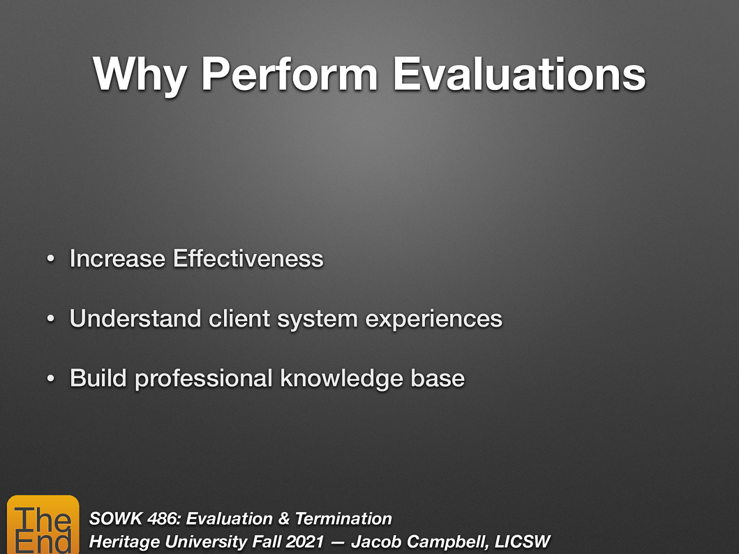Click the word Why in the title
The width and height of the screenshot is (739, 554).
pos(139,75)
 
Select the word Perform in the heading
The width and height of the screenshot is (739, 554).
pos(290,75)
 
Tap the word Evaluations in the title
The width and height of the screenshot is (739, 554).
pos(519,75)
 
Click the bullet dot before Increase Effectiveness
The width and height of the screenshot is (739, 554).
pos(51,259)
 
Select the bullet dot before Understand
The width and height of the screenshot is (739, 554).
pos(51,319)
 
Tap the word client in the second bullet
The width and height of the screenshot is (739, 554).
pos(239,319)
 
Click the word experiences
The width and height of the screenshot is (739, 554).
pos(433,319)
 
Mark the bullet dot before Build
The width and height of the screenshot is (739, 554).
pos(51,379)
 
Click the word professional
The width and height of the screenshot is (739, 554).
pos(203,379)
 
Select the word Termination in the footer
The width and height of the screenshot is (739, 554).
pos(343,518)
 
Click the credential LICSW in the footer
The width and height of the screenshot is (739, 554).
pos(522,542)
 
